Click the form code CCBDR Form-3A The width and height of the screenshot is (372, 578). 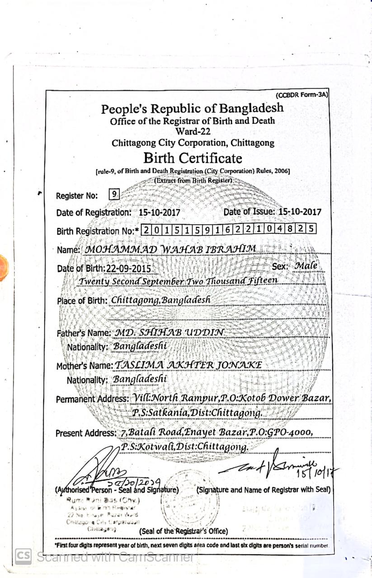click(x=301, y=95)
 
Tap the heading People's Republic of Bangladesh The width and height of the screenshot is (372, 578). click(x=192, y=108)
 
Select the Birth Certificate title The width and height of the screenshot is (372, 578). click(x=193, y=158)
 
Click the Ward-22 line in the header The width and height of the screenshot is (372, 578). click(x=193, y=132)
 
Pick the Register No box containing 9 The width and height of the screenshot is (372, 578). click(x=114, y=195)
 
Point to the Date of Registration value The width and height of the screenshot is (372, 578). click(x=160, y=212)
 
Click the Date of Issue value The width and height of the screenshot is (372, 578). click(x=300, y=211)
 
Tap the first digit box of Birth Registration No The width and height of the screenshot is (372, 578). click(x=146, y=230)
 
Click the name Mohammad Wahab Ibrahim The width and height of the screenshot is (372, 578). click(x=171, y=249)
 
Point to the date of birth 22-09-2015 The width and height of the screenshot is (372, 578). click(x=129, y=268)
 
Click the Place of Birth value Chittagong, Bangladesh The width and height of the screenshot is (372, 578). click(x=160, y=300)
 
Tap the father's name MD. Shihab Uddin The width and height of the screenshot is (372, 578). click(x=169, y=332)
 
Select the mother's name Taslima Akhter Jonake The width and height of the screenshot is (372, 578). click(x=188, y=365)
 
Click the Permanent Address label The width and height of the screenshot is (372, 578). click(x=92, y=399)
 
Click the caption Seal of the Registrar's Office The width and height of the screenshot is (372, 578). click(x=184, y=531)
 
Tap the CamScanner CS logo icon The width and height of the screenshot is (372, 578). click(x=24, y=556)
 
